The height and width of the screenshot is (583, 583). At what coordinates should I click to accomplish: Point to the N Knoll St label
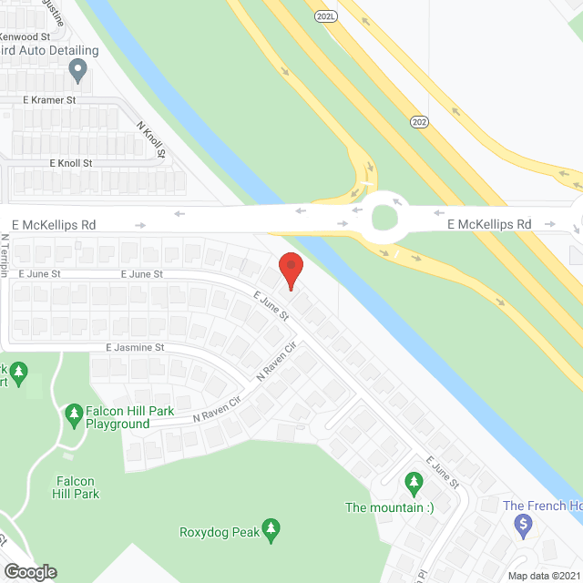(150, 139)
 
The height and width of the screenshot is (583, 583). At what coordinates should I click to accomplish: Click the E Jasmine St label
(135, 348)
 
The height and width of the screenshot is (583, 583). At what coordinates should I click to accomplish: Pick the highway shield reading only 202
(419, 121)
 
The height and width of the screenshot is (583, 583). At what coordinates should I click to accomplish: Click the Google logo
(29, 571)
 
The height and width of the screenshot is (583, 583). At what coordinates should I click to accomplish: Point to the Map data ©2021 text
(544, 575)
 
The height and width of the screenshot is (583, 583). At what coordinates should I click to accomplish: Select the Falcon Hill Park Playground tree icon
(74, 415)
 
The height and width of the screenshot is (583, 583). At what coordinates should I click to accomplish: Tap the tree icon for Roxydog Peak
(271, 528)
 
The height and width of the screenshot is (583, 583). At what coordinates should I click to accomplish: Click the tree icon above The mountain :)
(414, 480)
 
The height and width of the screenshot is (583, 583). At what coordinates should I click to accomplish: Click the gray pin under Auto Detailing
(78, 67)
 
